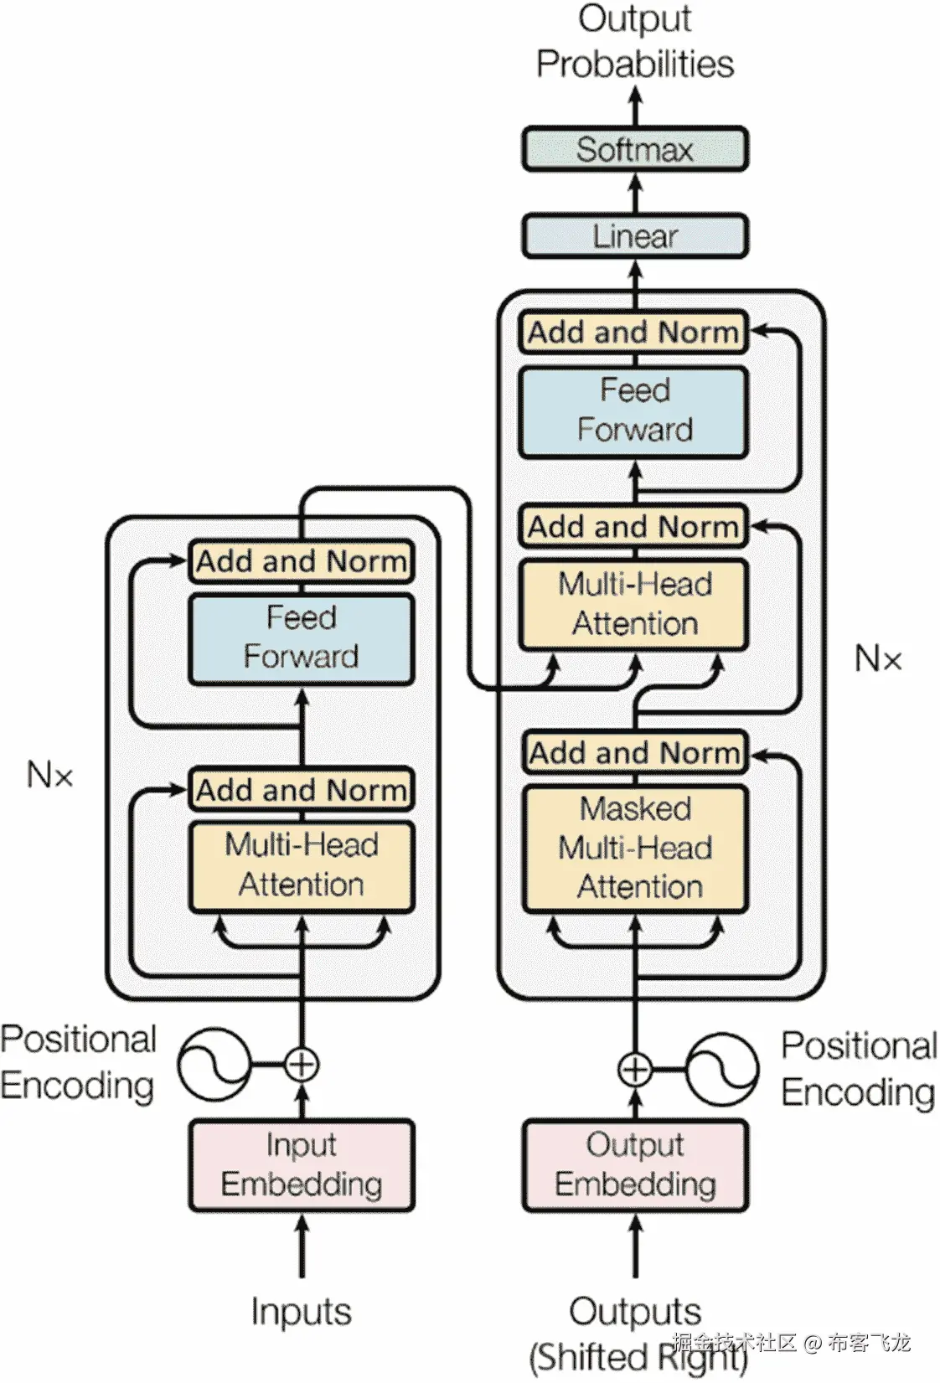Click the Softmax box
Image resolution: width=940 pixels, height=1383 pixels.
[x=634, y=150]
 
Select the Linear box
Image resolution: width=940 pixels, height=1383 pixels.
[x=634, y=236]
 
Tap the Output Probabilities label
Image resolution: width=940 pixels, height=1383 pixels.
[x=634, y=42]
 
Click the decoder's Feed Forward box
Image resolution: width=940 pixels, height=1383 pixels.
[x=634, y=410]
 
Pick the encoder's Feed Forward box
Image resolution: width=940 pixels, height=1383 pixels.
[x=301, y=638]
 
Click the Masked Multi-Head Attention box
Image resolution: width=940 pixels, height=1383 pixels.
[x=634, y=848]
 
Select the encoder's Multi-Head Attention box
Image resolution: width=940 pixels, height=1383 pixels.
[x=301, y=865]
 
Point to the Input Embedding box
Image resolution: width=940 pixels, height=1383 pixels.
[x=301, y=1164]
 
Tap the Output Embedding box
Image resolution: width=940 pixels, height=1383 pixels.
[x=634, y=1164]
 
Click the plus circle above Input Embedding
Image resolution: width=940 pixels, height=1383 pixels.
[x=302, y=1065]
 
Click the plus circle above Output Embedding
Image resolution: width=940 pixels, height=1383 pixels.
[x=634, y=1069]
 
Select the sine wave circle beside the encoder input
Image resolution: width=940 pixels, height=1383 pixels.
[x=214, y=1065]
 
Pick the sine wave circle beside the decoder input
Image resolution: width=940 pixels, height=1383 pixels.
[x=721, y=1069]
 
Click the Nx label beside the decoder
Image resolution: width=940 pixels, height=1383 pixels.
[x=878, y=659]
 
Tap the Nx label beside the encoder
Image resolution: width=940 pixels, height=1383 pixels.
[x=49, y=775]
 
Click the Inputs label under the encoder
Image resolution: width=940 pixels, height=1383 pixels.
[x=301, y=1311]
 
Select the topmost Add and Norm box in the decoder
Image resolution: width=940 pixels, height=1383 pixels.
[x=634, y=333]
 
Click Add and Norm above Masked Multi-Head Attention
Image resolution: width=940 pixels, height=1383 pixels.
[x=634, y=752]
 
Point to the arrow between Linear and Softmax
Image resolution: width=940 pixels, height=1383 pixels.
[x=634, y=193]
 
